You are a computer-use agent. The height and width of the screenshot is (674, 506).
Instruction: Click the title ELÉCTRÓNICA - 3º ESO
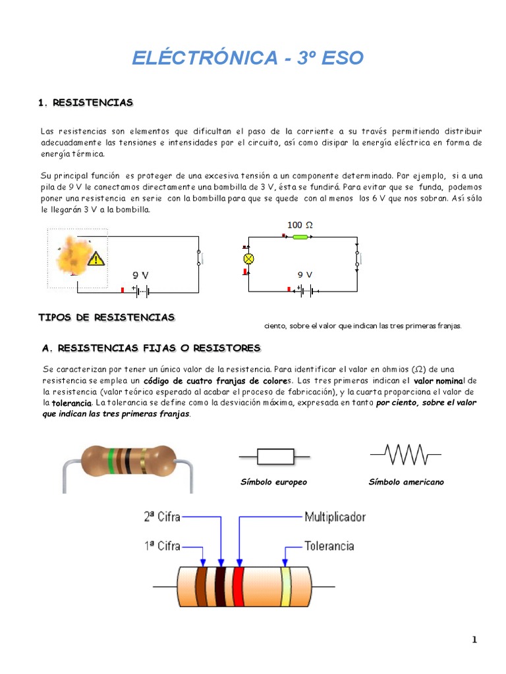pos(247,58)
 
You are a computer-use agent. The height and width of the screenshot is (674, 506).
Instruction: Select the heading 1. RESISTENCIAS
pos(86,103)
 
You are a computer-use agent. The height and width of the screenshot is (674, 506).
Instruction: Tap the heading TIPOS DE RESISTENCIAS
pos(107,317)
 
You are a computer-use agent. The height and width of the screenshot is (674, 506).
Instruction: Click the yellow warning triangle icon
pos(97,258)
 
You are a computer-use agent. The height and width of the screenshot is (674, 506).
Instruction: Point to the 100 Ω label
pos(300,225)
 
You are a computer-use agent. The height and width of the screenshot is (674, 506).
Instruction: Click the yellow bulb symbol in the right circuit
pos(249,258)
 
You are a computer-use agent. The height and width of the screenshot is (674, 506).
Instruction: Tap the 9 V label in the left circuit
pos(141,274)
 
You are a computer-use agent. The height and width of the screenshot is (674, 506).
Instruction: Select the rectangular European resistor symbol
pos(274,456)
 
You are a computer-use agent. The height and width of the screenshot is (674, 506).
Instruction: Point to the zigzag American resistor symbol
pos(407,454)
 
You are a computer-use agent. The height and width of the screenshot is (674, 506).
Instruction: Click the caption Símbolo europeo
pos(273,482)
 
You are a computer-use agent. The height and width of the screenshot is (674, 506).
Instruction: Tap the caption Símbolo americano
pos(406,482)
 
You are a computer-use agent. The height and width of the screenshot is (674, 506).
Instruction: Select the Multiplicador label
pos(335,517)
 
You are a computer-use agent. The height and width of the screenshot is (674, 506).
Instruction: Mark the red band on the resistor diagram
pos(238,586)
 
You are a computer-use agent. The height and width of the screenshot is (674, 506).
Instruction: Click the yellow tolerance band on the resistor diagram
pos(285,586)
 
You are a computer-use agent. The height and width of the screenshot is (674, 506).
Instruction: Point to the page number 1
pos(474,640)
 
